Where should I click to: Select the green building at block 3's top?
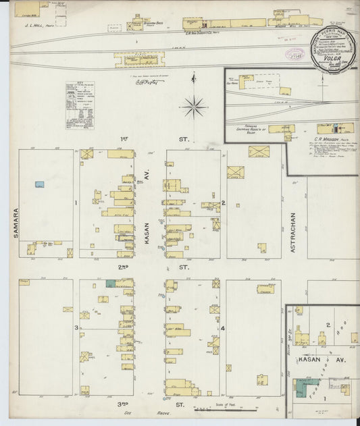tap(110, 284)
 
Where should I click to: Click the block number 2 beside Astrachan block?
tap(223, 203)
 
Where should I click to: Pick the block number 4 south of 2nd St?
tap(222, 329)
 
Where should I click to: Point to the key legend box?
tap(80, 105)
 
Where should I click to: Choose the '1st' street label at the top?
tap(124, 139)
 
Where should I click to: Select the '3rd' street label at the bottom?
tap(124, 404)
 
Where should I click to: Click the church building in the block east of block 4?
tap(265, 288)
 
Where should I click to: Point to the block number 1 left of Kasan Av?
tap(76, 203)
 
